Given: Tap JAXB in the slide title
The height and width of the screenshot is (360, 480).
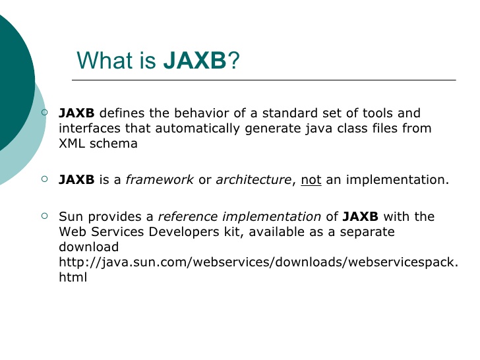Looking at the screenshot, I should (194, 61).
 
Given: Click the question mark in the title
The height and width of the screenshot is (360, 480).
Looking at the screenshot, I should (233, 61).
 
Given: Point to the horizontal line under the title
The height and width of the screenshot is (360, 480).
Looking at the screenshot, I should (264, 80).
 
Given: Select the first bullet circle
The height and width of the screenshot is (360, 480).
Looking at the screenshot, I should (44, 113).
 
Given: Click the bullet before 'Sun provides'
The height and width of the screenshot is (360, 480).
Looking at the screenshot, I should (44, 216).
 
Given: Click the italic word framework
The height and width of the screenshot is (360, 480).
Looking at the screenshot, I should (160, 180).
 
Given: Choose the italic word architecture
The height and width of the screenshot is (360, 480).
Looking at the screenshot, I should (253, 180).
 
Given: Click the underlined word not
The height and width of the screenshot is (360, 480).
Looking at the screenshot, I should (311, 180).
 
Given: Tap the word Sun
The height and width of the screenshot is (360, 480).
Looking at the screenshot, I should (70, 217).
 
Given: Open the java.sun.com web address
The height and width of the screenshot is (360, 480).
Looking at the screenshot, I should (258, 263).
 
